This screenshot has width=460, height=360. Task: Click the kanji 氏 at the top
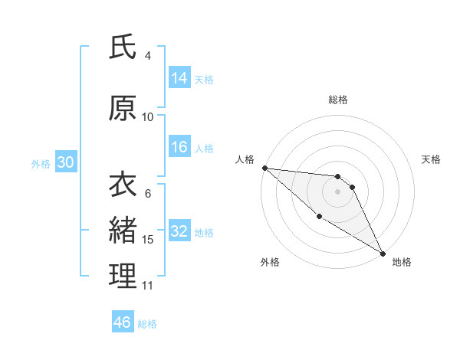(123, 47)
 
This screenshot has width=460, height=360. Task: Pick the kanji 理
(123, 276)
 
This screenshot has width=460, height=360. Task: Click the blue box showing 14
(179, 78)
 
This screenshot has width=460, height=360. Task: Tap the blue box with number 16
(179, 148)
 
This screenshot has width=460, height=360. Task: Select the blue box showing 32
(179, 231)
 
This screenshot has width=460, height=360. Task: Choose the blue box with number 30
(65, 162)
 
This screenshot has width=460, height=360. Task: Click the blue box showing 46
(123, 322)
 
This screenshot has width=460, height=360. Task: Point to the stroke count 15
(148, 240)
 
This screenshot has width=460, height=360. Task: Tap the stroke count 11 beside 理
(148, 286)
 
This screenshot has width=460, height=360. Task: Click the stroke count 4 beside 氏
(148, 56)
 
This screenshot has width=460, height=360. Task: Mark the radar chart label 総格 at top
(338, 100)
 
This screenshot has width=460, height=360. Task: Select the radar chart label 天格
(432, 159)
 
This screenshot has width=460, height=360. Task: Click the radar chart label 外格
(270, 262)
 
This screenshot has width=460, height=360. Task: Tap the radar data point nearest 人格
(264, 167)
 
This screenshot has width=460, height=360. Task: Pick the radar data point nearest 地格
(383, 253)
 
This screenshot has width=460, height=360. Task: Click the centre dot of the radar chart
(338, 191)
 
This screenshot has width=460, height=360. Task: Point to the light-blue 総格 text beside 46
(147, 324)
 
